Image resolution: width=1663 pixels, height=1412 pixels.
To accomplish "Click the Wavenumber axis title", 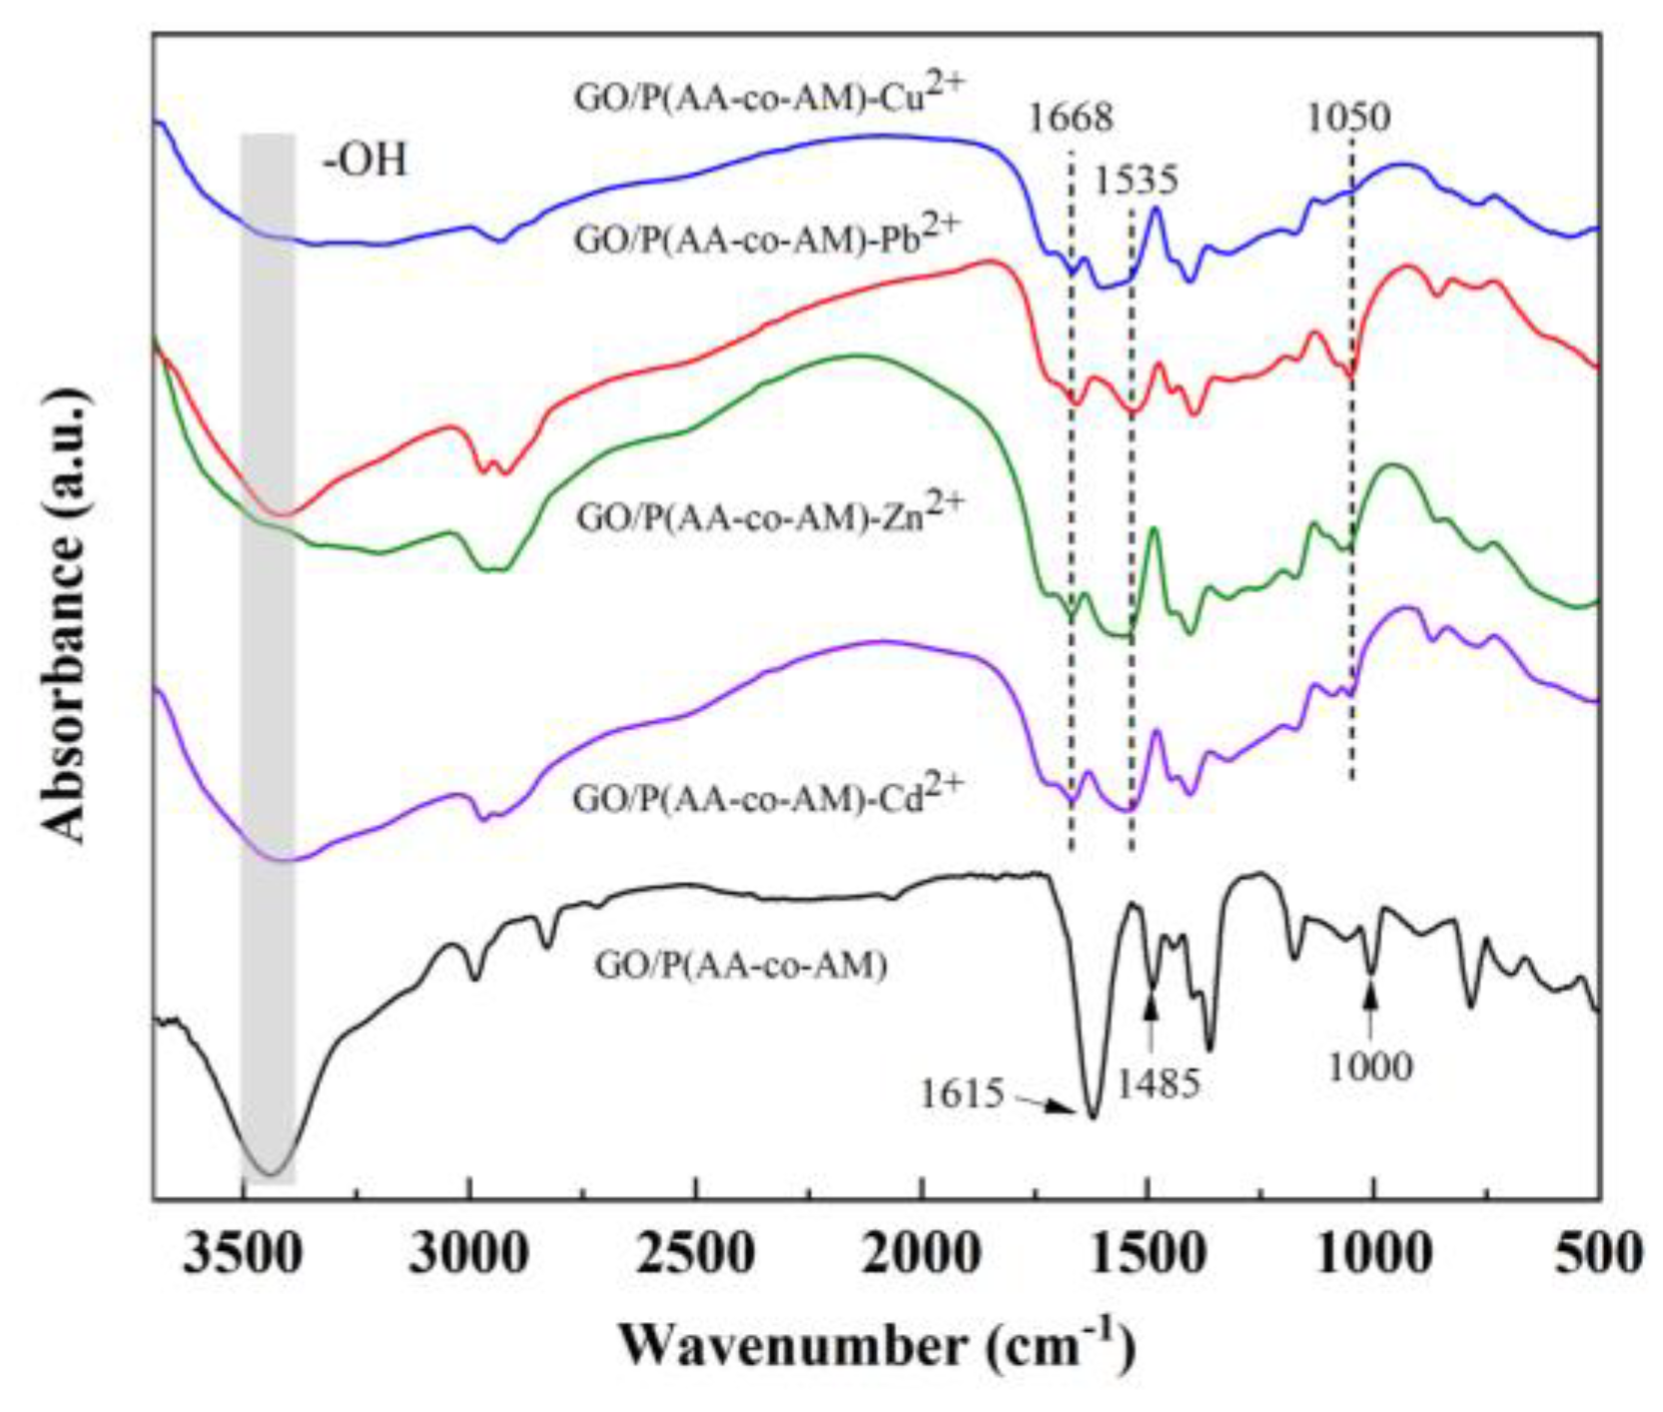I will [x=876, y=1345].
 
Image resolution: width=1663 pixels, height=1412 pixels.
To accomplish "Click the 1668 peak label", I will [x=1070, y=118].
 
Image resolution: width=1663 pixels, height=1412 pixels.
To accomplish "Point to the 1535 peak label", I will [x=1137, y=181].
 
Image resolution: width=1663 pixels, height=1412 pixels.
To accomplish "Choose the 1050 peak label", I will [x=1348, y=118].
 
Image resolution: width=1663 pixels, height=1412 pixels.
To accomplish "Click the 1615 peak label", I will [x=961, y=1093].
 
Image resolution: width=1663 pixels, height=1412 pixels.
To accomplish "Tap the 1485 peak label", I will [x=1158, y=1083].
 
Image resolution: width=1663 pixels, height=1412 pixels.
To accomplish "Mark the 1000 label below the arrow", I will [x=1370, y=1066].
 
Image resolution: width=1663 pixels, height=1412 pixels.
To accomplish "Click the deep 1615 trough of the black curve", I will [x=1092, y=1115].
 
